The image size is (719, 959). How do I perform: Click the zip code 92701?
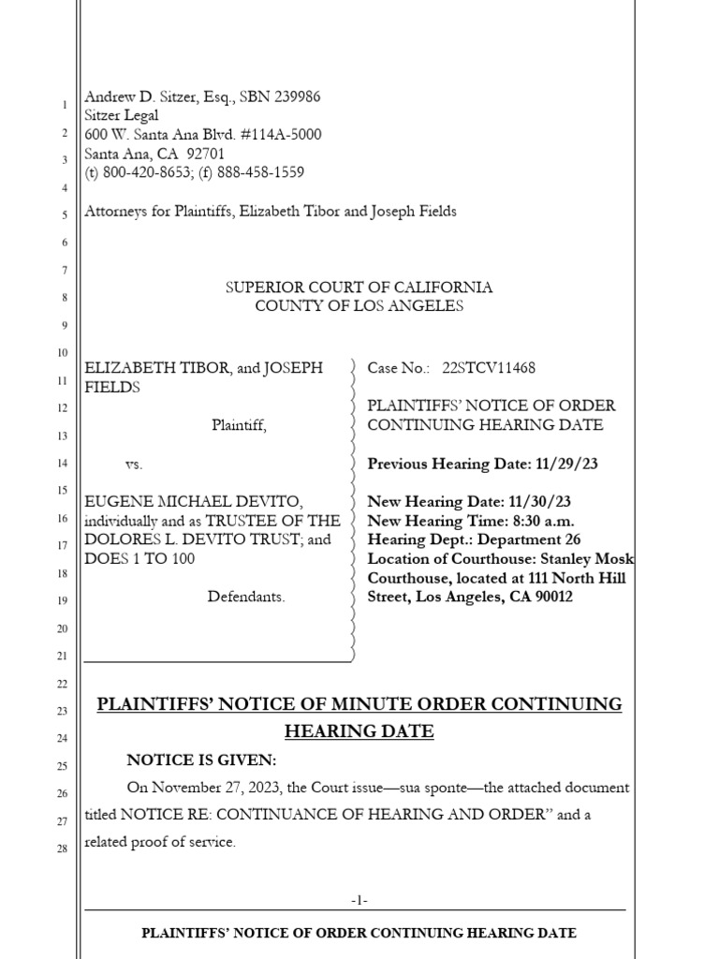click(x=205, y=154)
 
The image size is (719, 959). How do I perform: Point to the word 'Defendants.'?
click(x=246, y=597)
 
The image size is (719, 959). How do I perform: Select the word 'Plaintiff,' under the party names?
click(x=239, y=425)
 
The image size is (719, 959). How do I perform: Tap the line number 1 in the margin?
click(x=64, y=103)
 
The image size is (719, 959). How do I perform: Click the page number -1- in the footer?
click(x=359, y=900)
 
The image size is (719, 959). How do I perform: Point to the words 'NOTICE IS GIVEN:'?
click(x=202, y=760)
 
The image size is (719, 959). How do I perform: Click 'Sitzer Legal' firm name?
click(x=122, y=115)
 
